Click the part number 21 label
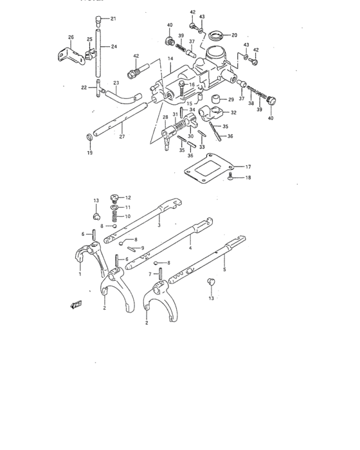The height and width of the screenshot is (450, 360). (113, 18)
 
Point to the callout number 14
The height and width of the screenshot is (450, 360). (170, 59)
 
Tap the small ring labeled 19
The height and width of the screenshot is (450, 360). (88, 137)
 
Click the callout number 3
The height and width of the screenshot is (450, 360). (159, 226)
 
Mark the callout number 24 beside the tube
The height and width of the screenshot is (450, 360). (114, 46)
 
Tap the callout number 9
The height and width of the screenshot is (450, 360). (143, 248)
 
